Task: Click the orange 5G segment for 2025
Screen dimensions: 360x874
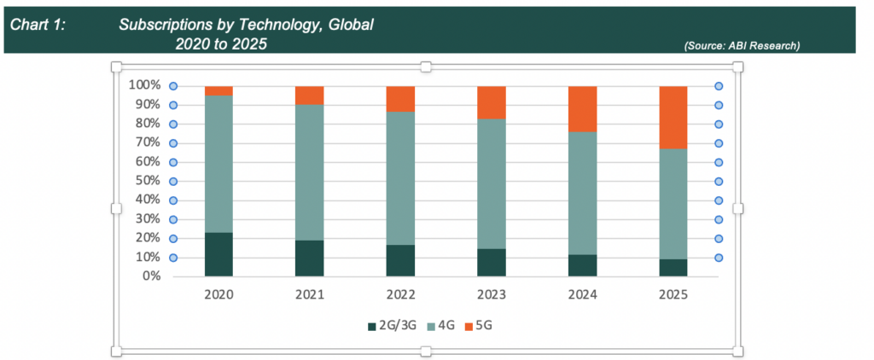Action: click(x=673, y=117)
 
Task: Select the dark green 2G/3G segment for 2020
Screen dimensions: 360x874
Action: click(x=218, y=254)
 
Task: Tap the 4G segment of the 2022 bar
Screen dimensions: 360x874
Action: click(x=400, y=178)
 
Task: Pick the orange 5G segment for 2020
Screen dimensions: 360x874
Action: click(x=218, y=90)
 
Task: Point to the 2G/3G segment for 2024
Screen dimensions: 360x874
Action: click(x=582, y=265)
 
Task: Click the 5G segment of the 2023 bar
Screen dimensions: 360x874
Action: click(x=491, y=102)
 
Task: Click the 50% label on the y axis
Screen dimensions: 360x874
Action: click(x=147, y=181)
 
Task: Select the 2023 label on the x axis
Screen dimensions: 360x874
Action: click(x=491, y=295)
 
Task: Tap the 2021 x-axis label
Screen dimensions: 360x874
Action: click(x=309, y=295)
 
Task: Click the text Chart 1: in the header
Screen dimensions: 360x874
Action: click(x=38, y=25)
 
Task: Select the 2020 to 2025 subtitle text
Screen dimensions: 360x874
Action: click(x=219, y=43)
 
